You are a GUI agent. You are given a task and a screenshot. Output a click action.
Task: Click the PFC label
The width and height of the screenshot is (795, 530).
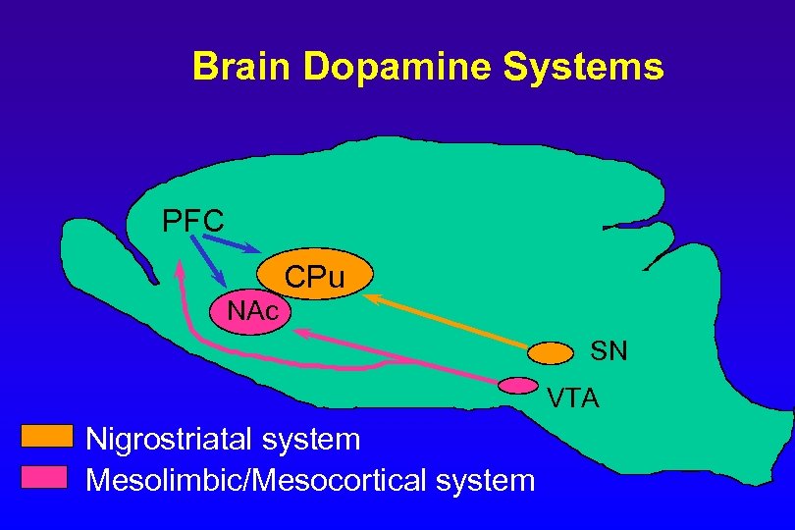(x=193, y=219)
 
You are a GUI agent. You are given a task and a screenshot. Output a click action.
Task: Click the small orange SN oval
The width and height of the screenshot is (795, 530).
(x=551, y=351)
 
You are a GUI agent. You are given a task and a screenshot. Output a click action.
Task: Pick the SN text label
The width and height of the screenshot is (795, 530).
(x=609, y=351)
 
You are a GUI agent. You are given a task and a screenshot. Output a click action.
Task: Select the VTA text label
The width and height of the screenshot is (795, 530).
(x=574, y=398)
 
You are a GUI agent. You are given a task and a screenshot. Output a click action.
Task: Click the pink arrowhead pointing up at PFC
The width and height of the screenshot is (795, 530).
(x=179, y=267)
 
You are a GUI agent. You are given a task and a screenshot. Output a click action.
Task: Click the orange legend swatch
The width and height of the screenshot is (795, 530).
(x=48, y=435)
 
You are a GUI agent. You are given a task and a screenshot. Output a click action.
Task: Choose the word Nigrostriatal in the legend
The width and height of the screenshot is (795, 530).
(x=168, y=438)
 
